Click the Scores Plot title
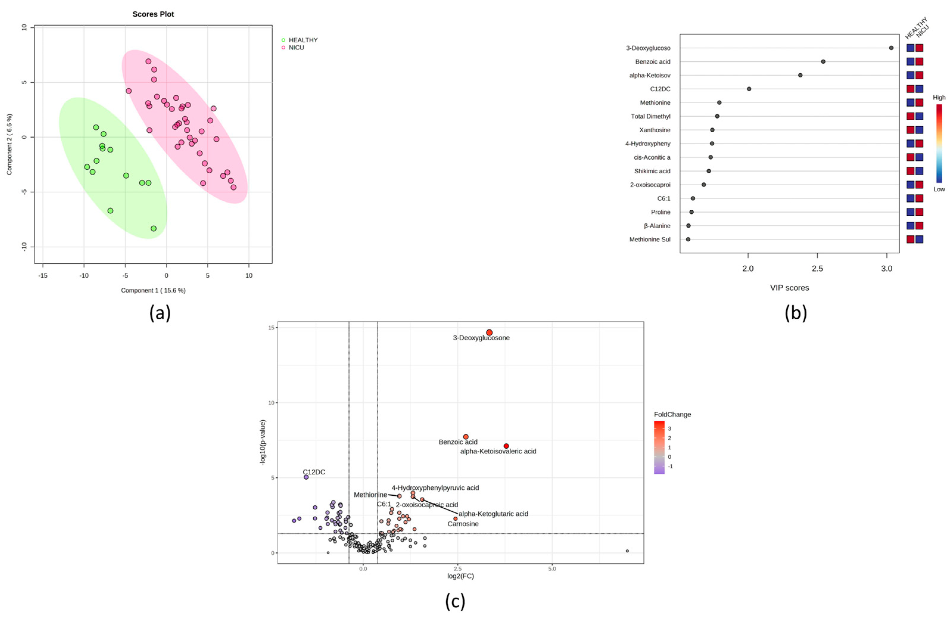(x=153, y=14)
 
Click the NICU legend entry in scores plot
(x=296, y=48)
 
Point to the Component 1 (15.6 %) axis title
(x=153, y=290)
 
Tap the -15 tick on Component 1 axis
(x=43, y=276)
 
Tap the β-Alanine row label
(x=657, y=226)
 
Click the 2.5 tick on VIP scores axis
(x=818, y=269)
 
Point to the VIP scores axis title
(x=789, y=288)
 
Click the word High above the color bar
(x=939, y=97)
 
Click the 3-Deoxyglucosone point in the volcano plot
(x=489, y=332)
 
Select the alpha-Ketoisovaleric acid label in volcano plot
(x=498, y=451)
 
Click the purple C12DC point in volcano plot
(x=306, y=477)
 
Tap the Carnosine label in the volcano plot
(x=463, y=524)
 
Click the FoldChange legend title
(x=672, y=415)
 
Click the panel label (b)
(x=796, y=313)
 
